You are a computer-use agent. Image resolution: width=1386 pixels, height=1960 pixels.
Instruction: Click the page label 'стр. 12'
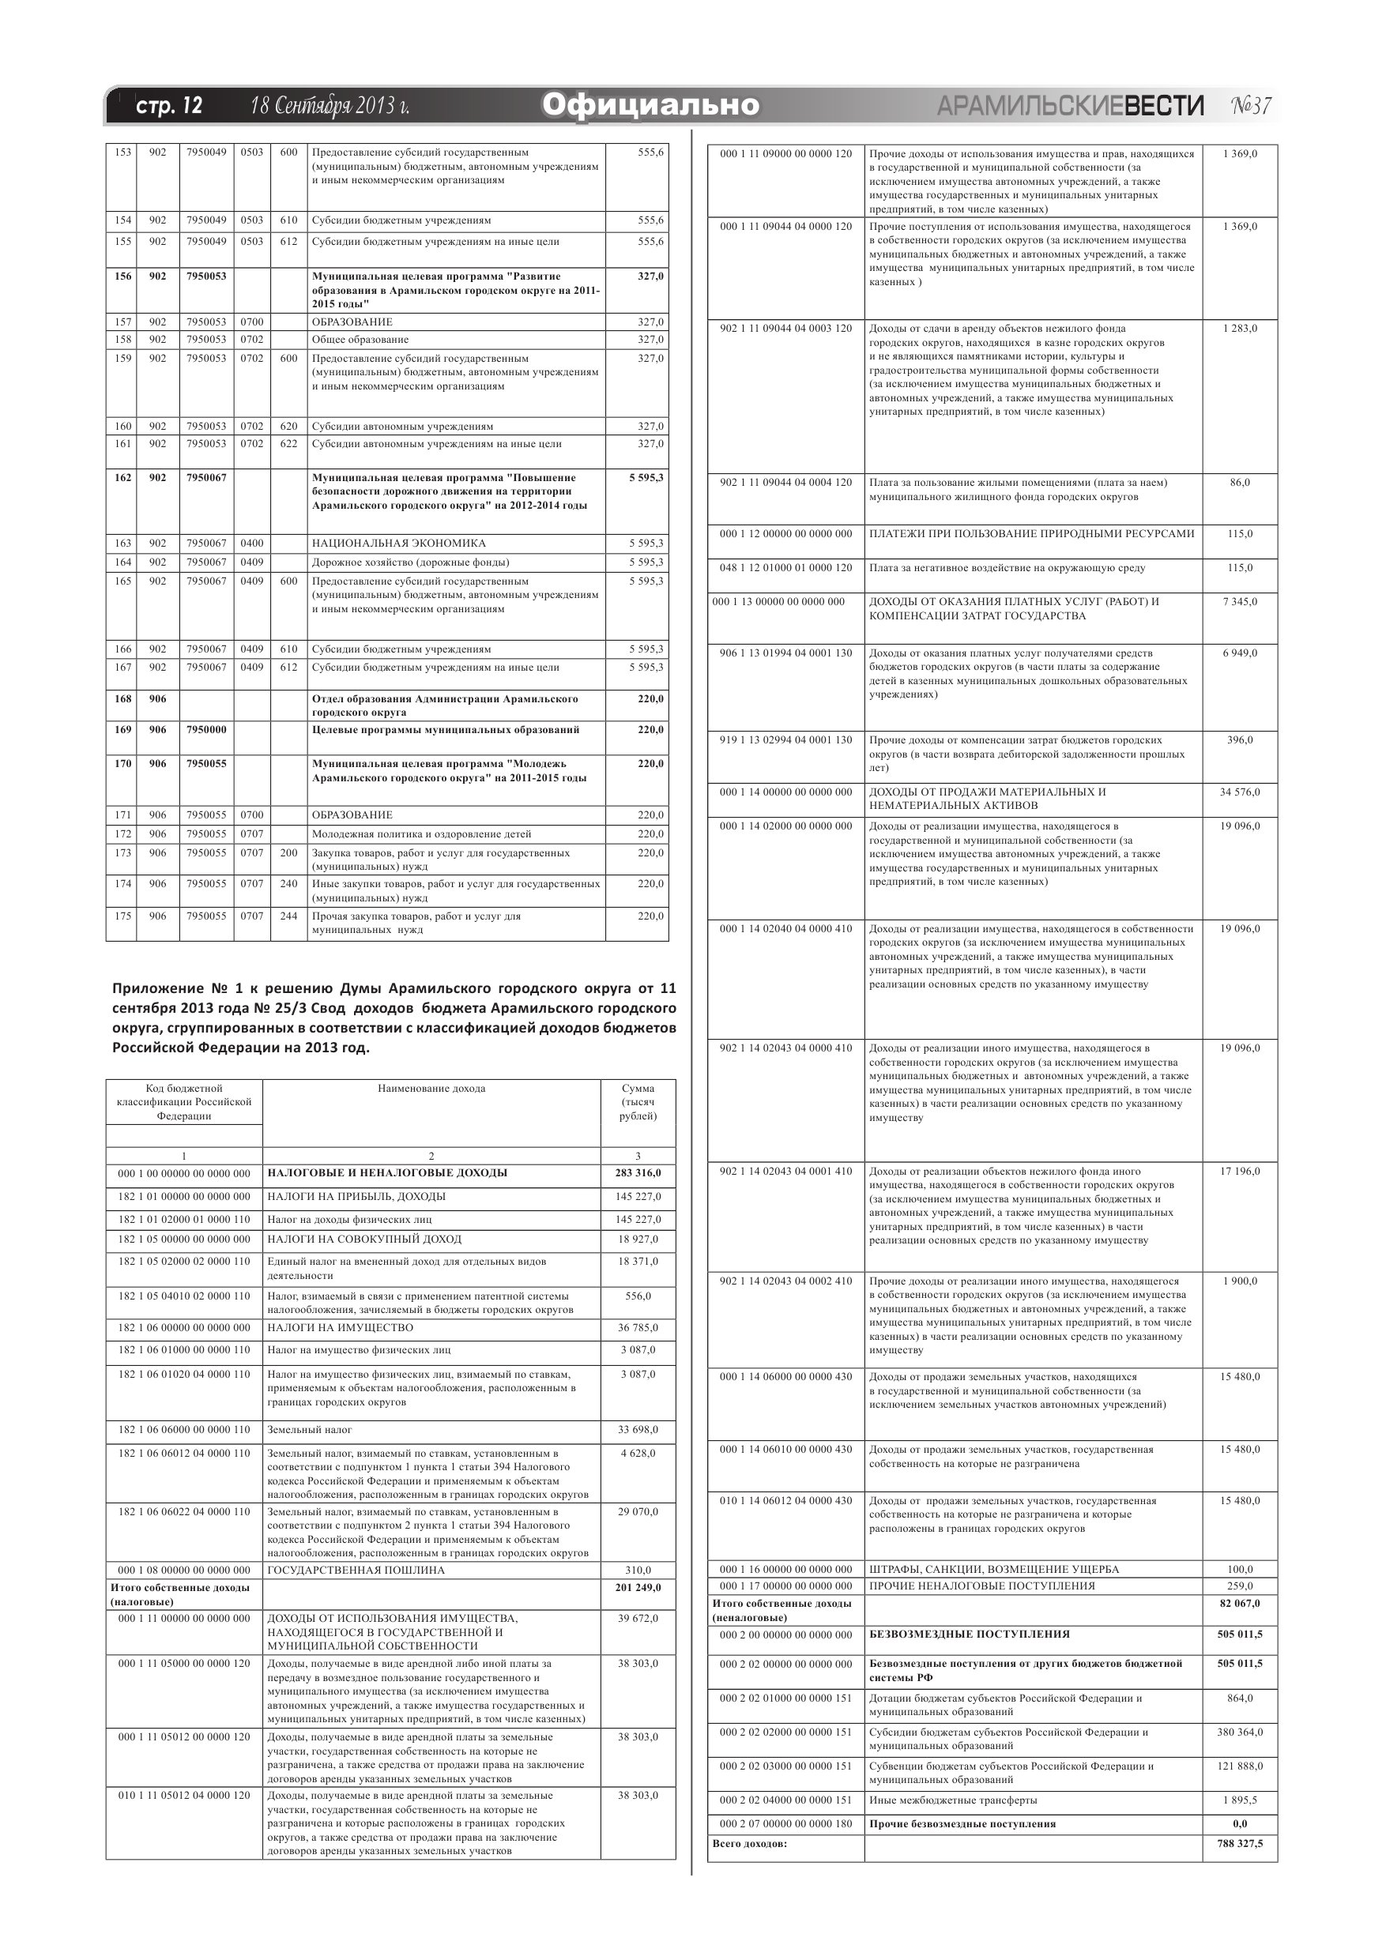[169, 106]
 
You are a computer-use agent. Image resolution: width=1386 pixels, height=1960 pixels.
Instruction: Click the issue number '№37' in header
[1251, 106]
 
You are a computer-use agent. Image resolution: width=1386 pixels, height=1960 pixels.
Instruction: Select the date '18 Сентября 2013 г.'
[330, 106]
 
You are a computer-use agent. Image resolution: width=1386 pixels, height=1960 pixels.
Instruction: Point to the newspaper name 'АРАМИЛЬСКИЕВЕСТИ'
[1070, 106]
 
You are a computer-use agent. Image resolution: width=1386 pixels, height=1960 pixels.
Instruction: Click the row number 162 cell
[123, 478]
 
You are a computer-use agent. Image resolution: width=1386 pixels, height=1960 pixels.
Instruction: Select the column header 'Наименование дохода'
[431, 1089]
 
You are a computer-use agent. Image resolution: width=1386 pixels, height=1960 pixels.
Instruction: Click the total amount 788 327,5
[1240, 1844]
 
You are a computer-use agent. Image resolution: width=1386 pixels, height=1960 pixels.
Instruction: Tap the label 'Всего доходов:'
[749, 1844]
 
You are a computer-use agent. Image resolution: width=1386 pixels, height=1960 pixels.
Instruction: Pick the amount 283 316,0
[638, 1173]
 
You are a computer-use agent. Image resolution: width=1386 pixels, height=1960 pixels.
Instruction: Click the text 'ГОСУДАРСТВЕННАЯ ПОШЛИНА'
[356, 1570]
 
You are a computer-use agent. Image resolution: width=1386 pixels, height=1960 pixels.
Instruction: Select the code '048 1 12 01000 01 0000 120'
[785, 568]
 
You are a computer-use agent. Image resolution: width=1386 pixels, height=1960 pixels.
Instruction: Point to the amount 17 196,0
[1240, 1172]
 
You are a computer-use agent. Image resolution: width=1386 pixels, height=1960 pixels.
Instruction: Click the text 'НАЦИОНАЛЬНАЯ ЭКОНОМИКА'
[399, 543]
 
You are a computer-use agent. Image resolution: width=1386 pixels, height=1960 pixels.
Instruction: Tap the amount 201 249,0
[638, 1588]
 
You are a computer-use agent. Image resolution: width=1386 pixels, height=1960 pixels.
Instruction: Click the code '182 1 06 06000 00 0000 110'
[184, 1429]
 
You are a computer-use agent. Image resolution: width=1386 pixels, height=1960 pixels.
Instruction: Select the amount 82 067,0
[1240, 1603]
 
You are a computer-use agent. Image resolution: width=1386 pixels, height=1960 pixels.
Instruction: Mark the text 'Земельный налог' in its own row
[310, 1429]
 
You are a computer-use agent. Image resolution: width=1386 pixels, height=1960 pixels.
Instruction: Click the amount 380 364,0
[1240, 1732]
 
